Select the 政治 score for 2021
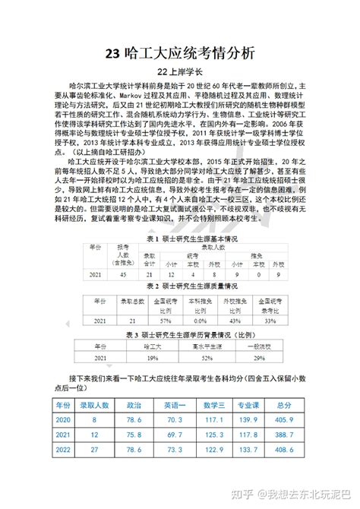(134, 434)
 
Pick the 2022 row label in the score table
(63, 450)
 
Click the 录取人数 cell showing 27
(95, 450)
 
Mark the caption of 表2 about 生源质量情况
(179, 287)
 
